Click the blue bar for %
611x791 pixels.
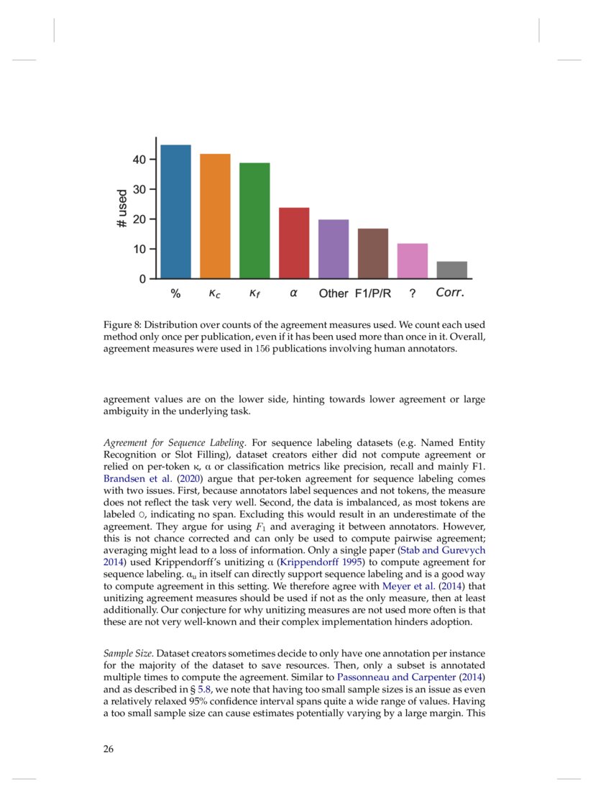click(x=175, y=212)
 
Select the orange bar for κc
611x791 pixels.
click(x=215, y=216)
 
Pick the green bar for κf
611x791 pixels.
click(x=254, y=221)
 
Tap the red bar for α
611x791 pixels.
click(x=294, y=243)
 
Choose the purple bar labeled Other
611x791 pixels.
click(x=334, y=249)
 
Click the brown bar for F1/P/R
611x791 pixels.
click(x=373, y=253)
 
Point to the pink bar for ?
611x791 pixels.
click(x=413, y=261)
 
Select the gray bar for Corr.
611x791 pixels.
click(x=452, y=270)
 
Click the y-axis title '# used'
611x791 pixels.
click(x=122, y=209)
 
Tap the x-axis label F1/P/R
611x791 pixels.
click(x=373, y=294)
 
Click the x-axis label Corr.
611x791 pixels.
click(x=451, y=293)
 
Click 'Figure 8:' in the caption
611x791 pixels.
click(x=123, y=325)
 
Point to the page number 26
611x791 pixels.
click(x=109, y=749)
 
